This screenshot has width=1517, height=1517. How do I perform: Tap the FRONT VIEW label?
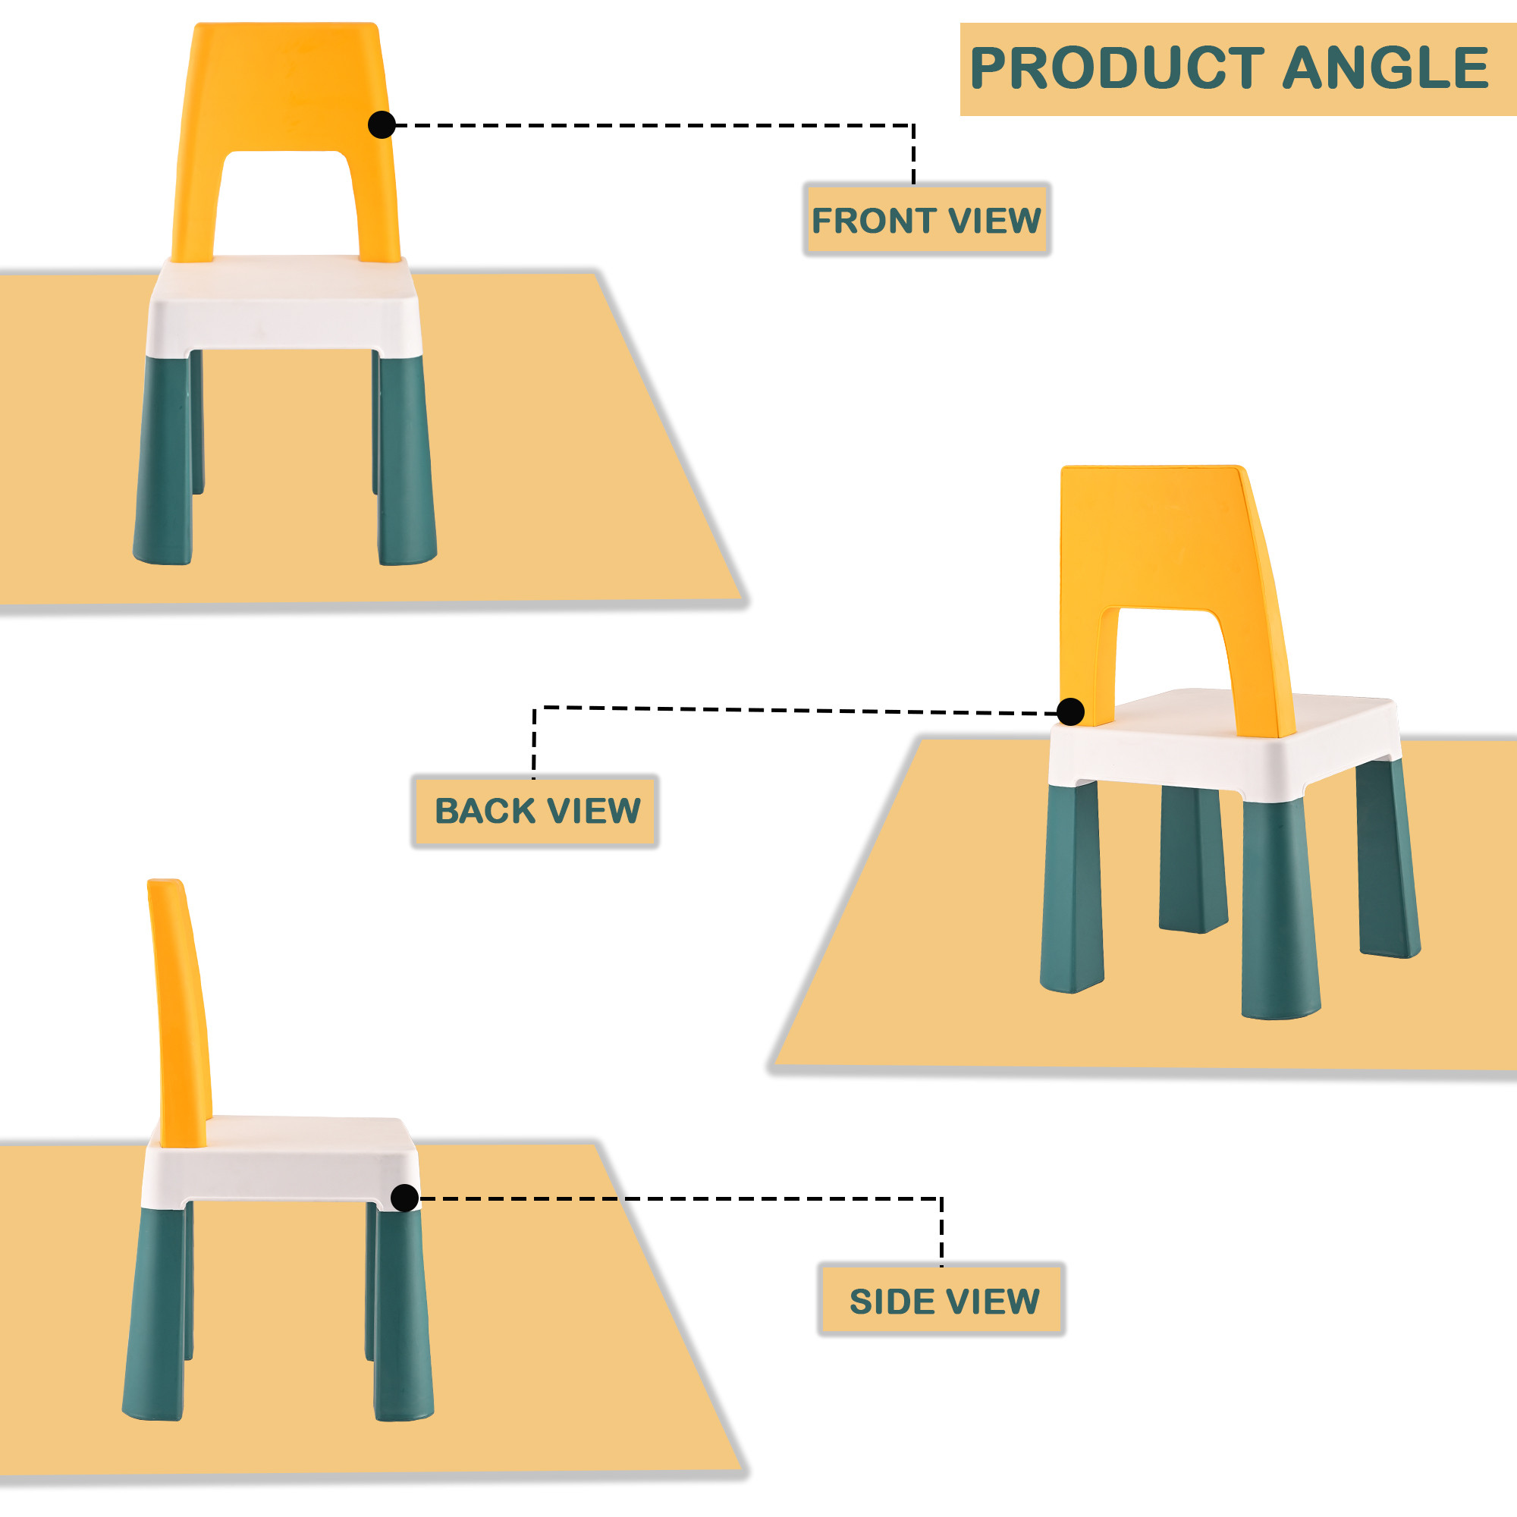point(927,220)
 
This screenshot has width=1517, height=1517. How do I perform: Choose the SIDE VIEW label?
point(942,1301)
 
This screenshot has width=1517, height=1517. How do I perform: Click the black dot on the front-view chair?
point(382,125)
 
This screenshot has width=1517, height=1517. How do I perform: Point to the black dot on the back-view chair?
point(1070,712)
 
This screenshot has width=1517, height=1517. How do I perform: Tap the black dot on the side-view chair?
point(404,1198)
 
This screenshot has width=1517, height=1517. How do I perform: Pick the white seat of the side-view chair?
point(281,1163)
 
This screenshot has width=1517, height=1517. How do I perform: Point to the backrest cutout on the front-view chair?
point(286,204)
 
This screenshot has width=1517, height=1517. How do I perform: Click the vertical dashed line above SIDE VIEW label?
point(941,1231)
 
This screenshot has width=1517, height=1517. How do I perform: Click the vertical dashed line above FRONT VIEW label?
point(913,155)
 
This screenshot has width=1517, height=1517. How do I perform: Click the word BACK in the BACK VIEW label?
point(485,811)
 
